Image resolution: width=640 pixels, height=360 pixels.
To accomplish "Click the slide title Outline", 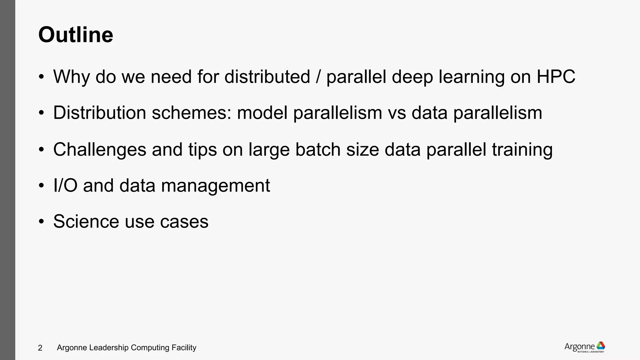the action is tap(76, 35).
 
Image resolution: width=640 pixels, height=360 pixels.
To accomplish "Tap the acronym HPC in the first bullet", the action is tap(556, 76).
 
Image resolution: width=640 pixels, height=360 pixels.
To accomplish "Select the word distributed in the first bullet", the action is tap(267, 76).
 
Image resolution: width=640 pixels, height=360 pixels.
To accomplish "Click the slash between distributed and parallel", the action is tap(318, 76).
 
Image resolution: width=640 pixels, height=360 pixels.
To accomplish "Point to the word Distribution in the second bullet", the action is tap(100, 112).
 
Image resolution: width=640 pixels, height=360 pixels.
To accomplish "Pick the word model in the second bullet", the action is tap(262, 112).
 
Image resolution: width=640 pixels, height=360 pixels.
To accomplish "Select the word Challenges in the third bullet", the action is tap(100, 149).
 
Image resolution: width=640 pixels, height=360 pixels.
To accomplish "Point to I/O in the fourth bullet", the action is tap(65, 185).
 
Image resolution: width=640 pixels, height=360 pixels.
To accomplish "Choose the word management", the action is tap(215, 185).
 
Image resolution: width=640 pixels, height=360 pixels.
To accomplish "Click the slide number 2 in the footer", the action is tap(40, 348).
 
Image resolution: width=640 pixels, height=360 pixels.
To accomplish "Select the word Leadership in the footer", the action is tap(109, 347).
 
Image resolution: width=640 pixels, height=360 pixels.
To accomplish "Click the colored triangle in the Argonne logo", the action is tap(601, 346).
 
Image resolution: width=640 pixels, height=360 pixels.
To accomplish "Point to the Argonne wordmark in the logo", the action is tap(580, 347).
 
